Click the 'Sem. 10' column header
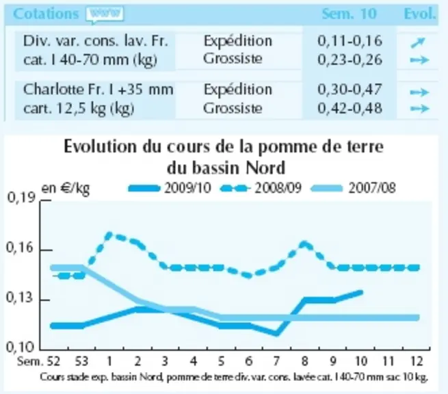(349, 14)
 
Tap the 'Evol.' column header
(420, 14)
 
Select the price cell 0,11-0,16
(350, 41)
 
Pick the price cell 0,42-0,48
(350, 108)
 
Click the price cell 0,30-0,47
(350, 90)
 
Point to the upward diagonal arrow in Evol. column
(418, 42)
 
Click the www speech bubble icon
(105, 14)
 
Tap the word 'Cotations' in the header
(46, 14)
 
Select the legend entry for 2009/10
(170, 188)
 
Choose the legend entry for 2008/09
(261, 188)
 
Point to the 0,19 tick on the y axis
(45, 201)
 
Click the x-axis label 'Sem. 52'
(38, 361)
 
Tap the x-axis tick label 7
(276, 361)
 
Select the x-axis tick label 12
(417, 361)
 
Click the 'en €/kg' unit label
(66, 189)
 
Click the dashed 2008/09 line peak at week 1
(109, 235)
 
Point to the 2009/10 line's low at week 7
(276, 333)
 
